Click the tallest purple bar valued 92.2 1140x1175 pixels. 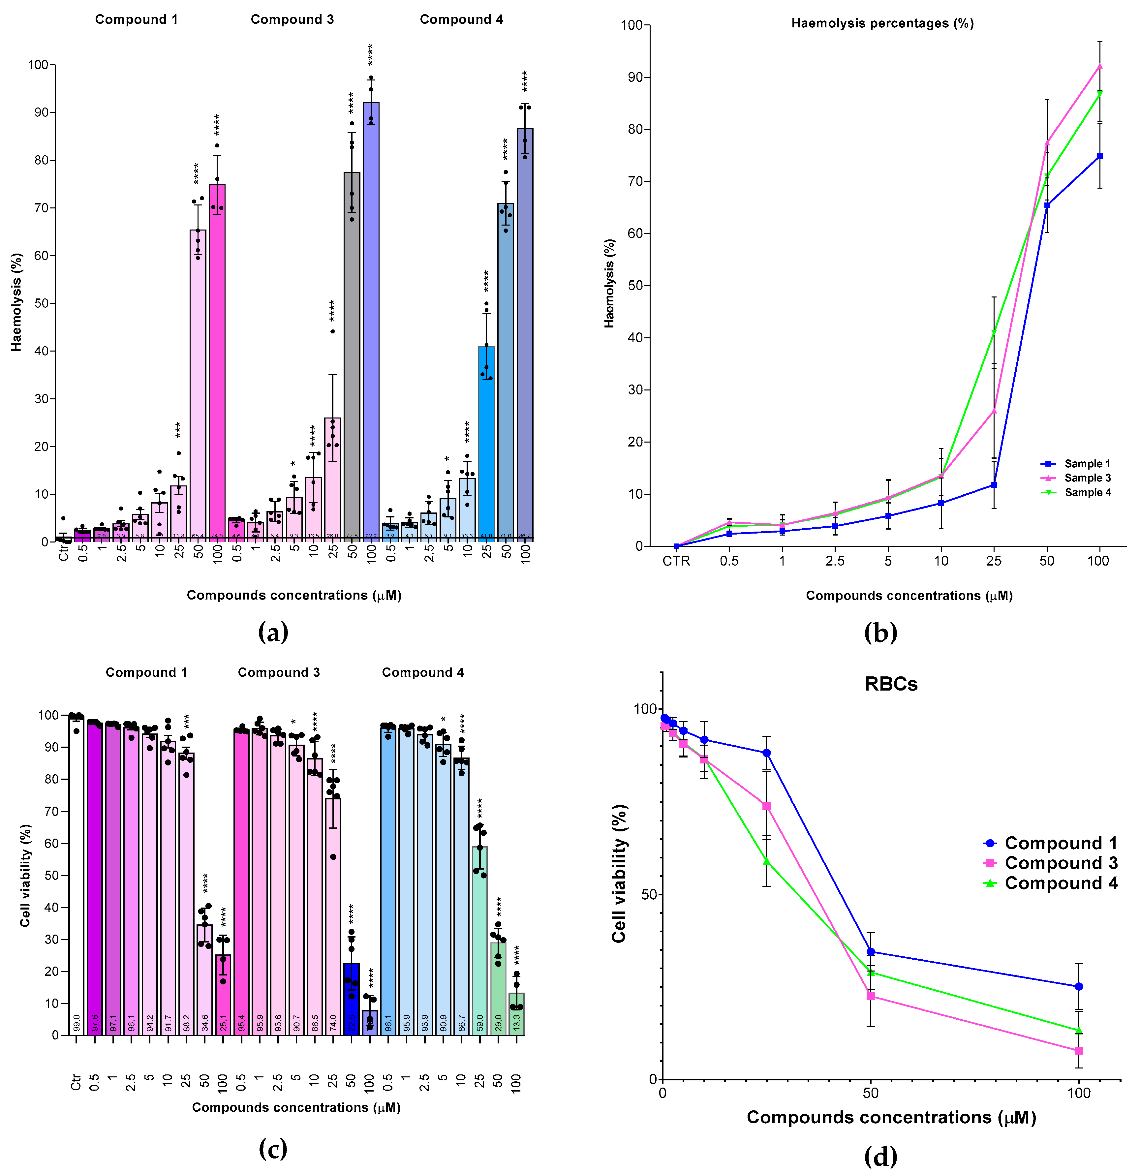point(371,324)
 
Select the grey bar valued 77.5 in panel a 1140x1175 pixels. point(352,360)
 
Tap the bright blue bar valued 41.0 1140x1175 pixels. point(486,444)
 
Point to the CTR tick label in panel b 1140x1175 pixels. point(676,561)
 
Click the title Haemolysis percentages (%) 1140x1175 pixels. point(882,23)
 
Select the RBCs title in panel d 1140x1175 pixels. point(891,684)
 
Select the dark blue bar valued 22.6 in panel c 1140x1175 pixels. point(351,1001)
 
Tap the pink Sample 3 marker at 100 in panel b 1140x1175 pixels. point(1099,66)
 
